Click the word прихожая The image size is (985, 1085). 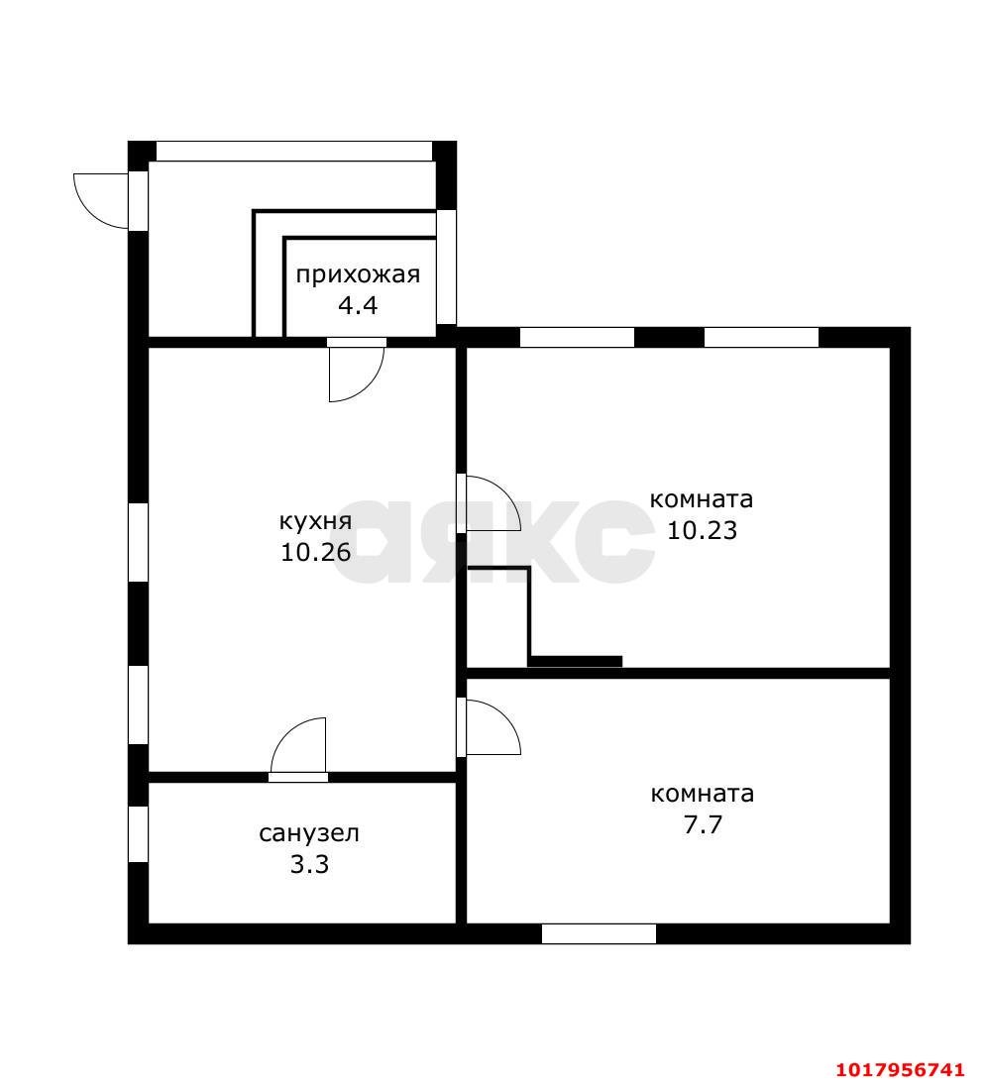[358, 275]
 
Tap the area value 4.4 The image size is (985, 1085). [357, 305]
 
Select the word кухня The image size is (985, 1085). [315, 522]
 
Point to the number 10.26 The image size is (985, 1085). [316, 552]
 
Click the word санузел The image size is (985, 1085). [309, 834]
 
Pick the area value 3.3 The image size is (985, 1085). [309, 864]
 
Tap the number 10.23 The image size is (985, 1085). [702, 531]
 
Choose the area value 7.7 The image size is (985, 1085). [703, 824]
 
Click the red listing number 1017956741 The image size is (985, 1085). [900, 1070]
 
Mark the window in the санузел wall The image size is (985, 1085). [139, 834]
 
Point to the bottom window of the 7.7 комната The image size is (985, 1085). [599, 933]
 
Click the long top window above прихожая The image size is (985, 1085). [294, 151]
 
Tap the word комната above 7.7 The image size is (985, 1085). [702, 794]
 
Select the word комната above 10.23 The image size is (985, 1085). [702, 499]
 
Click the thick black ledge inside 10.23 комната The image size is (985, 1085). [575, 662]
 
